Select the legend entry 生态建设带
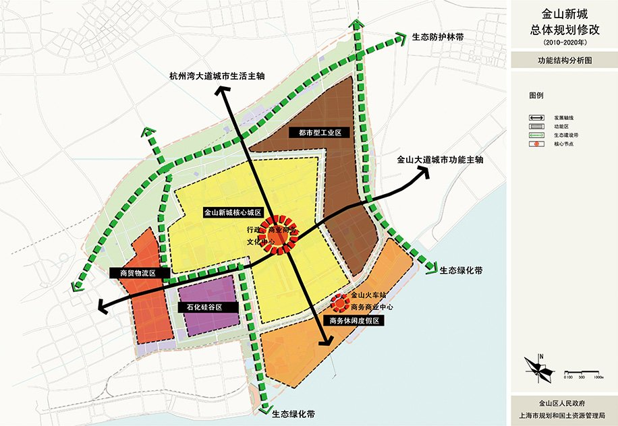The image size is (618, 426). point(565,135)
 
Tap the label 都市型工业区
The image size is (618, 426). point(314,133)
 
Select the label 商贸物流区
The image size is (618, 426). point(137,273)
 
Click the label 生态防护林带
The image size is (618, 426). point(440,38)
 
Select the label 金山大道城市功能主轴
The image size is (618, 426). point(439,160)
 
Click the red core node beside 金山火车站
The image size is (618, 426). point(339,301)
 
